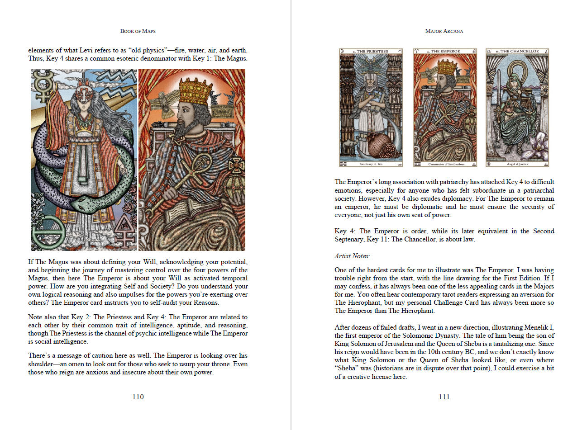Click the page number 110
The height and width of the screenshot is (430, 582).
click(x=138, y=397)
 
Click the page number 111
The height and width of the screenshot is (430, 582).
click(x=444, y=397)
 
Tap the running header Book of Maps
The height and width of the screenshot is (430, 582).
click(x=138, y=31)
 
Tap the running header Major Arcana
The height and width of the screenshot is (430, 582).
click(x=444, y=31)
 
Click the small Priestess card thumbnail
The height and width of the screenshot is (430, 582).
click(x=371, y=108)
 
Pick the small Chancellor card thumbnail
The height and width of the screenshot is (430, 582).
click(x=518, y=108)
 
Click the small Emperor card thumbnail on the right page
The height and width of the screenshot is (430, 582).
click(x=444, y=108)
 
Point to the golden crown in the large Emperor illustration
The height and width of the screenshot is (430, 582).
click(x=196, y=92)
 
